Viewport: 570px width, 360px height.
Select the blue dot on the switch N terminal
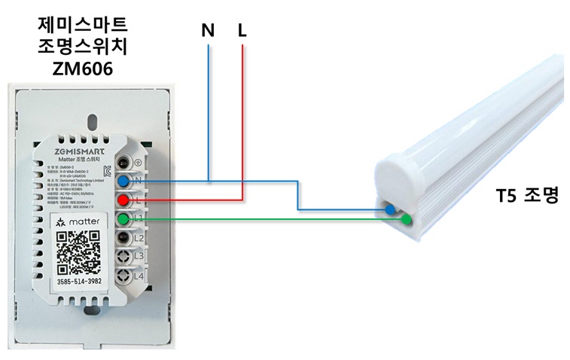tap(122, 181)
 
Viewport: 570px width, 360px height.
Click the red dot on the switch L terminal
tap(122, 200)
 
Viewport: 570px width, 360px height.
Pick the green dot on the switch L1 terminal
tap(122, 219)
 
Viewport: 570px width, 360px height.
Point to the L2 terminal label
tap(139, 238)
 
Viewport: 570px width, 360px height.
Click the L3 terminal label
tap(139, 257)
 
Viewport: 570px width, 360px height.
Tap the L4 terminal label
tap(139, 276)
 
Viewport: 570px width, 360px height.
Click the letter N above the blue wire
tap(208, 31)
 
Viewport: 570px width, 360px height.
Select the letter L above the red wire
tap(242, 31)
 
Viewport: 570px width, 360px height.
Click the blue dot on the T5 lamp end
tap(390, 209)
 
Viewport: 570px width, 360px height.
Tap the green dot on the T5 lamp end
tap(407, 220)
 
